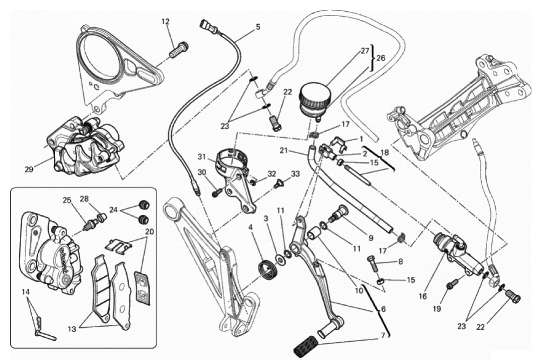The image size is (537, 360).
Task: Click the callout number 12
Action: pos(166,21)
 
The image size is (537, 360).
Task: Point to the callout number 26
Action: pos(381,59)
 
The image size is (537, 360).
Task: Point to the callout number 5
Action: pos(257,27)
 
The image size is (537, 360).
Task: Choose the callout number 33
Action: pos(295,173)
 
